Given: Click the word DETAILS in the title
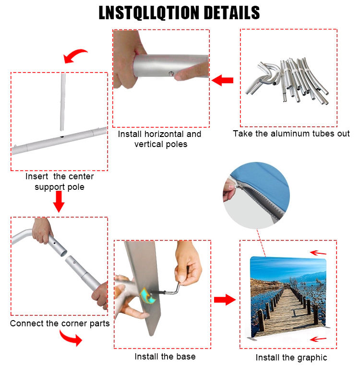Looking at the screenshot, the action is (x=231, y=12).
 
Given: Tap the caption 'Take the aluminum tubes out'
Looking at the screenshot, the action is (x=291, y=134).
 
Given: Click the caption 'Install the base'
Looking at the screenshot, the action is (x=165, y=357).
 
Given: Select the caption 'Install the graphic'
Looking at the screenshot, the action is (x=291, y=358).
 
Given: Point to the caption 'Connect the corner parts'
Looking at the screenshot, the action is (x=60, y=323).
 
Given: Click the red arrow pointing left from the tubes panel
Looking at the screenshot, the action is (x=222, y=80).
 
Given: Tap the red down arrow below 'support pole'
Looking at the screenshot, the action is (x=59, y=201).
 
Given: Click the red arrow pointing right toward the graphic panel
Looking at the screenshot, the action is (x=225, y=300).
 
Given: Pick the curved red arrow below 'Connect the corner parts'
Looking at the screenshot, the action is (x=71, y=338).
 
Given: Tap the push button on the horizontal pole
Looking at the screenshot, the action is (x=172, y=73).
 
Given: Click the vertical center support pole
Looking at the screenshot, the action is (x=63, y=101).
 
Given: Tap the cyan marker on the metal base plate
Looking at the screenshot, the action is (x=147, y=296).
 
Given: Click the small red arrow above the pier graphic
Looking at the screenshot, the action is (x=318, y=253).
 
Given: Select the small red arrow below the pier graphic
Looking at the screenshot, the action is (x=318, y=339).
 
